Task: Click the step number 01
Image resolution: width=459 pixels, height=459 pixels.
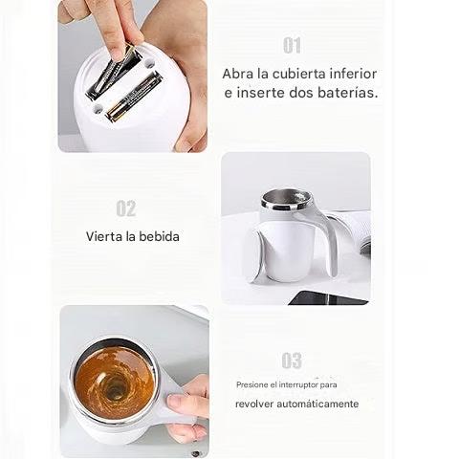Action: (x=292, y=45)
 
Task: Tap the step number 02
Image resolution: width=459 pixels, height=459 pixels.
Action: (x=126, y=208)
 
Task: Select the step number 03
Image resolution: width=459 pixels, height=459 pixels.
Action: (x=292, y=361)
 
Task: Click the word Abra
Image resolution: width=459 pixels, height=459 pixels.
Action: (x=238, y=74)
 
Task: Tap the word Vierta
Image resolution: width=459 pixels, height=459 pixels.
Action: (x=104, y=236)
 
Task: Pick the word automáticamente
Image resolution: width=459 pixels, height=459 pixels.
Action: (x=317, y=404)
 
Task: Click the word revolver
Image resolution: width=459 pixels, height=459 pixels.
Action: (x=254, y=404)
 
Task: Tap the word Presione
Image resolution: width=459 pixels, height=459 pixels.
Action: (x=252, y=384)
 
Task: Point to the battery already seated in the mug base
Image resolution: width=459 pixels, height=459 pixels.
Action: (x=134, y=97)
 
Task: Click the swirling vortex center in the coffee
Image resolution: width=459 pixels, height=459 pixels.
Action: (x=113, y=387)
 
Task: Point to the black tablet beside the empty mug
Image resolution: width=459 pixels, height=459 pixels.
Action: (x=328, y=297)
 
